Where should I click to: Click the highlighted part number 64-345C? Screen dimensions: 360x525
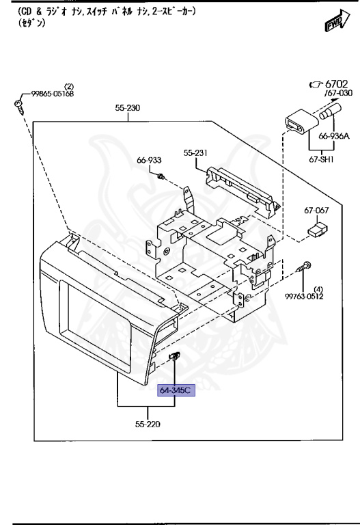(x=176, y=390)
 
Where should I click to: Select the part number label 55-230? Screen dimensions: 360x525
(x=128, y=108)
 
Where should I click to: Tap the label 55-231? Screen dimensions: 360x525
(x=195, y=153)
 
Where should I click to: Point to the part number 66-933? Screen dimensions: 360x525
(x=149, y=160)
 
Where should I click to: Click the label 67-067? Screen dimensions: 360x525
(x=316, y=211)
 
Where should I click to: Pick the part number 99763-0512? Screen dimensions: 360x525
(x=304, y=296)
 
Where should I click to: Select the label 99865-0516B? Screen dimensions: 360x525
(x=53, y=94)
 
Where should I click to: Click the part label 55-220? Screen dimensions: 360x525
(x=148, y=425)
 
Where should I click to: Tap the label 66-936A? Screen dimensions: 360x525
(x=334, y=136)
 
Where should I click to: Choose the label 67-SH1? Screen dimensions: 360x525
(x=321, y=159)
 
